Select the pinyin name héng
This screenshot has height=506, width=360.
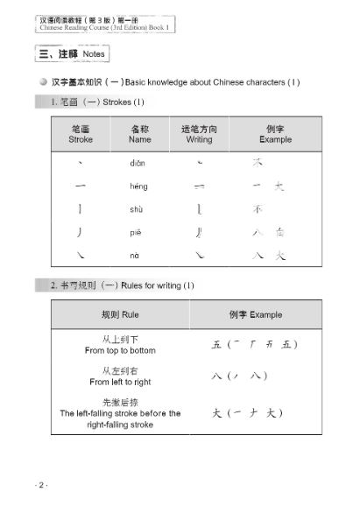(138, 186)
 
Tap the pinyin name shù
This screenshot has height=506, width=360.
(138, 210)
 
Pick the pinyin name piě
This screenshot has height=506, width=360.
(138, 233)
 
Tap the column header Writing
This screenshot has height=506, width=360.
(199, 139)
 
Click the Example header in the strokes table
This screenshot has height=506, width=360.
(276, 139)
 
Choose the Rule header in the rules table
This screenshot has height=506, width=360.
(120, 314)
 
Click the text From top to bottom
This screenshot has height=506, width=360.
(120, 350)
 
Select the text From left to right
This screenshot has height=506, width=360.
(120, 382)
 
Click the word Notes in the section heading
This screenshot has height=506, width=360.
(98, 54)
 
